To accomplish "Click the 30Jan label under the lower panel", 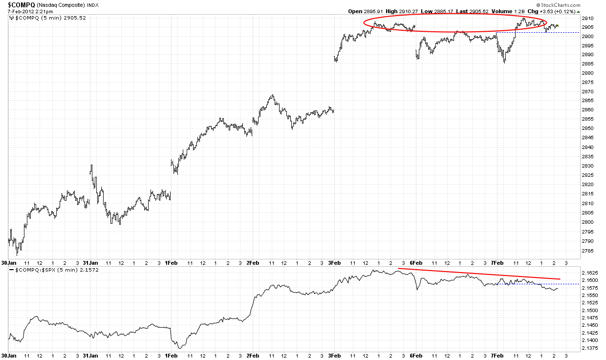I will [x=9, y=356].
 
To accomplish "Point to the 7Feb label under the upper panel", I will [x=498, y=262].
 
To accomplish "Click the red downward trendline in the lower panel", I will [x=479, y=274].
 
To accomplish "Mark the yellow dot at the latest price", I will [x=558, y=26].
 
